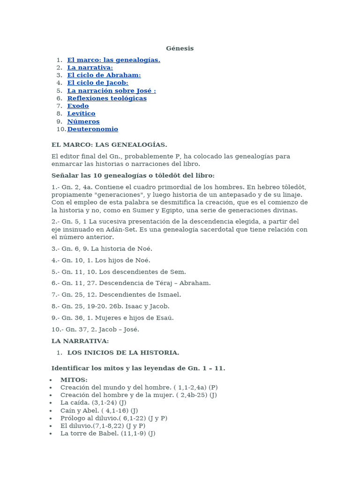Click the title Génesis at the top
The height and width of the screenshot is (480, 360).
(180, 48)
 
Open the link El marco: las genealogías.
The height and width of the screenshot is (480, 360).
(113, 60)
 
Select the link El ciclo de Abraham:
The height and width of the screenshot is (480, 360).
(104, 75)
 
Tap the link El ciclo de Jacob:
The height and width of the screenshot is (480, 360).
(97, 83)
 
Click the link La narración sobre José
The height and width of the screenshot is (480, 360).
(111, 90)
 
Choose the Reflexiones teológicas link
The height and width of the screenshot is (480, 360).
(107, 98)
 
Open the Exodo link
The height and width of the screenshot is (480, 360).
(78, 106)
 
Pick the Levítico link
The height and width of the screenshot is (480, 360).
(81, 113)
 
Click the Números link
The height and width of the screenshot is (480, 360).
(83, 121)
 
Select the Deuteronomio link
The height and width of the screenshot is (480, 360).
(92, 129)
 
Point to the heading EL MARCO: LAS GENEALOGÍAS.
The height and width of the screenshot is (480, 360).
(109, 144)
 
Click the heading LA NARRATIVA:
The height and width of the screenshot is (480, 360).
(80, 341)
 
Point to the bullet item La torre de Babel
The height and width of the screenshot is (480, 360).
(108, 434)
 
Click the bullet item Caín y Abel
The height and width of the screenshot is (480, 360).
(99, 410)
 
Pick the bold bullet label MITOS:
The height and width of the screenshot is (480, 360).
(74, 380)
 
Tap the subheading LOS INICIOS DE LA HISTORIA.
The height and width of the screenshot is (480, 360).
(123, 352)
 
